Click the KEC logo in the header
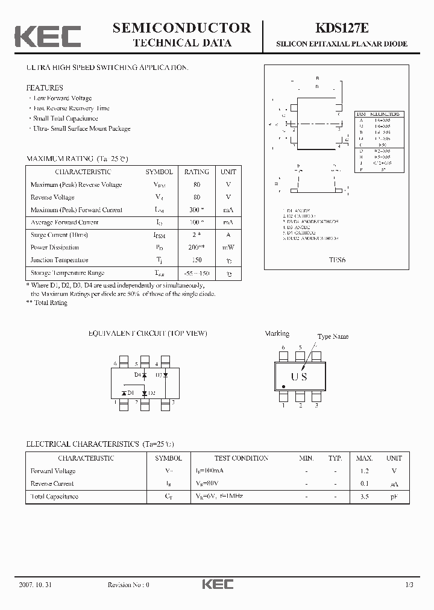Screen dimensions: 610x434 pyautogui.click(x=48, y=36)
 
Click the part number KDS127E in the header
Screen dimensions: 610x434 pyautogui.click(x=341, y=28)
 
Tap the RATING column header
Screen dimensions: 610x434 pyautogui.click(x=197, y=172)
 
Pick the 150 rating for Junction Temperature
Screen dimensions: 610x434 pyautogui.click(x=197, y=260)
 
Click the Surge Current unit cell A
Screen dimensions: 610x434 pyautogui.click(x=228, y=235)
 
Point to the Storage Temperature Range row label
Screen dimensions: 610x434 pyautogui.click(x=68, y=273)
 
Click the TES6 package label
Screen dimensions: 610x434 pyautogui.click(x=337, y=262)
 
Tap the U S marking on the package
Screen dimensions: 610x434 pyautogui.click(x=299, y=377)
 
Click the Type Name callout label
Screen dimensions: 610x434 pyautogui.click(x=333, y=336)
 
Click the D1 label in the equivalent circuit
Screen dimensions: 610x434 pyautogui.click(x=130, y=393)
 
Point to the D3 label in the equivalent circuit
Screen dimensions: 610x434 pyautogui.click(x=159, y=375)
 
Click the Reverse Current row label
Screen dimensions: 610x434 pyautogui.click(x=52, y=484)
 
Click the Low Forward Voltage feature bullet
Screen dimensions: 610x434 pyautogui.click(x=63, y=98)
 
